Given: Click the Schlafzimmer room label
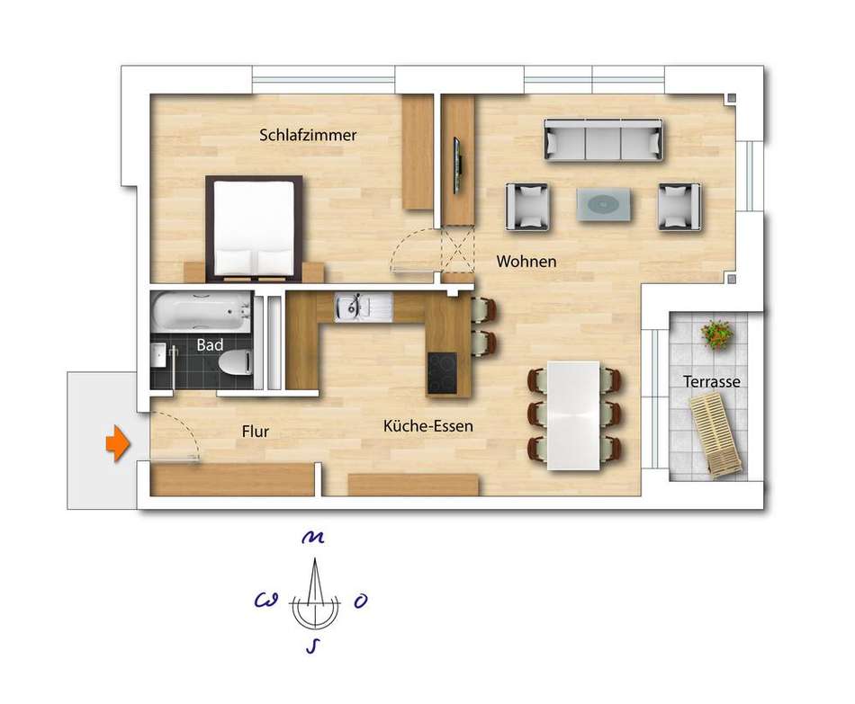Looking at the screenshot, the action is (308, 135).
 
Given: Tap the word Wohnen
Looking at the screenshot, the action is (526, 262).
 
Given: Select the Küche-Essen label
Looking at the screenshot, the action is (428, 425).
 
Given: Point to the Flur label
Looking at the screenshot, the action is (256, 432).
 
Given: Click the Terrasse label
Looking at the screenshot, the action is (712, 381).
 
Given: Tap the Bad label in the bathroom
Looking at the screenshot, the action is (210, 345).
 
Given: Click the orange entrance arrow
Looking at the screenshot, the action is (117, 443).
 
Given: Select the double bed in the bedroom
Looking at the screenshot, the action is (254, 227).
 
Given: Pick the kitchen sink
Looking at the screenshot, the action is (364, 307).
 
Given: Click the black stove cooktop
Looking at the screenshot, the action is (442, 373).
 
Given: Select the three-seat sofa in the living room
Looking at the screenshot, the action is (604, 140).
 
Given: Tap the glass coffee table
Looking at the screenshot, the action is (604, 204).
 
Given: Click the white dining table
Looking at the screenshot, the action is (573, 415).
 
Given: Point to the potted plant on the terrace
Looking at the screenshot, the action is (716, 334).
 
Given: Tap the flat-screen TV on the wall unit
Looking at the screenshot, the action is (457, 165).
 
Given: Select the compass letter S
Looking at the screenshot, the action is (313, 646).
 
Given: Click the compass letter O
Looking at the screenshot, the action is (360, 601).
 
